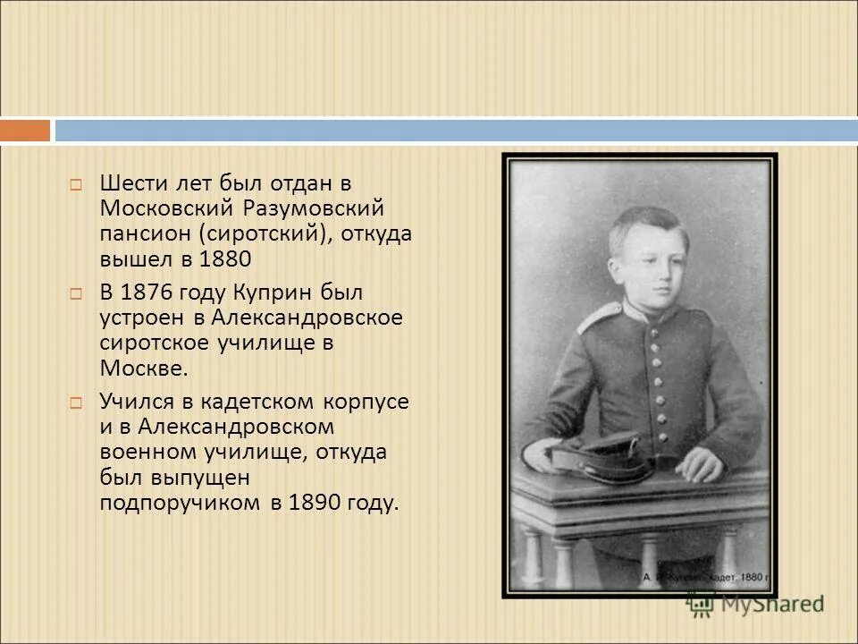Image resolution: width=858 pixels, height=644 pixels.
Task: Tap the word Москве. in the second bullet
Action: pyautogui.click(x=144, y=368)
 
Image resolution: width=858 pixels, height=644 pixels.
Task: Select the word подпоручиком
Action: pyautogui.click(x=181, y=503)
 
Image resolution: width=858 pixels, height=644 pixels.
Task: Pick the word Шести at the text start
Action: pyautogui.click(x=130, y=183)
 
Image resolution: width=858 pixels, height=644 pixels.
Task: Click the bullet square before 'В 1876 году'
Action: pyautogui.click(x=76, y=293)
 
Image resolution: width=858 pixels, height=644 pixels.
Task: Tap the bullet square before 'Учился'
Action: pyautogui.click(x=76, y=402)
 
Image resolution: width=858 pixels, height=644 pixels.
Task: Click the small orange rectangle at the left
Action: pyautogui.click(x=25, y=131)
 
